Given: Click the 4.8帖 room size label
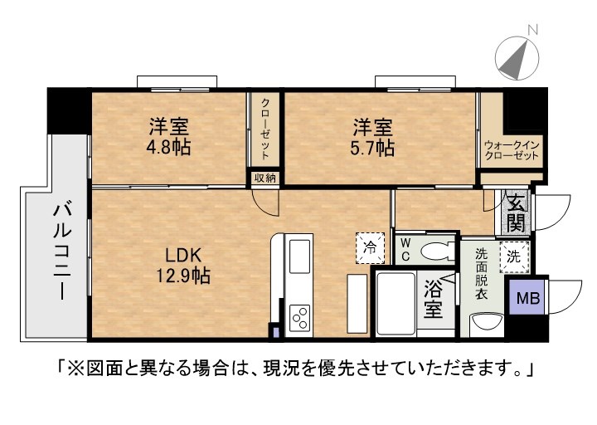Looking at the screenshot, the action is tap(168, 147).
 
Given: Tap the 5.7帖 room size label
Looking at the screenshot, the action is tap(372, 148).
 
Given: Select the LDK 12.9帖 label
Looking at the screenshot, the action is tap(183, 266).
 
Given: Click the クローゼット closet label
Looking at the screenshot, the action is tap(265, 129).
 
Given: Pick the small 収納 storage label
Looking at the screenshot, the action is tap(265, 178).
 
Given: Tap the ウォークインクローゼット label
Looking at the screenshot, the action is tap(512, 150).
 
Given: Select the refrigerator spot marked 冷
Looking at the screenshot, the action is tap(370, 247).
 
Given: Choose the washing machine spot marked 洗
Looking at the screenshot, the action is tap(514, 256).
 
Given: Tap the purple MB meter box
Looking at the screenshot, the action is tap(527, 297).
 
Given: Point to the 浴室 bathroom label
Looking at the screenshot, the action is tap(434, 299).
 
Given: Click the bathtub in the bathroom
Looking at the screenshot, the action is tap(396, 304).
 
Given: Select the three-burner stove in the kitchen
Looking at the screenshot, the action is tap(299, 318).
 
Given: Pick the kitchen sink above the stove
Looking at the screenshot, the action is tap(299, 256).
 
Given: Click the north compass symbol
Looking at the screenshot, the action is tap(517, 57).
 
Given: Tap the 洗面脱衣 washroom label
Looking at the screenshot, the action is tap(481, 273).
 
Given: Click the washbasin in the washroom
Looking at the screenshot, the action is tap(487, 324).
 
